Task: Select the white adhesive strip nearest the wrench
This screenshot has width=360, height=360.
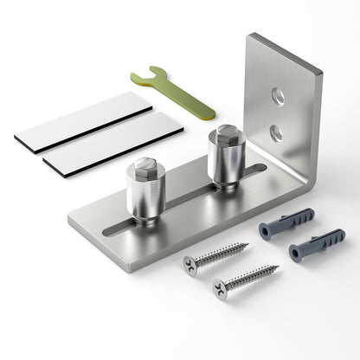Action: [x=83, y=121]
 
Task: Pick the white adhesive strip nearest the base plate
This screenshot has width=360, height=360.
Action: [x=112, y=142]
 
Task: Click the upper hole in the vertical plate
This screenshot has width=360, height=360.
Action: [x=278, y=96]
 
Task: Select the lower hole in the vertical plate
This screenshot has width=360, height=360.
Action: [x=275, y=131]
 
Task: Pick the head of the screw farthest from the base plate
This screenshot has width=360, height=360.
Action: [x=220, y=286]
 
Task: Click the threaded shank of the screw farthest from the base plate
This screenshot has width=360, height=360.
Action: [x=251, y=276]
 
